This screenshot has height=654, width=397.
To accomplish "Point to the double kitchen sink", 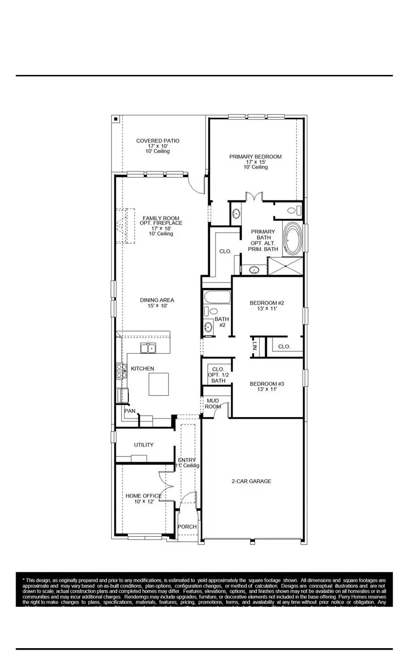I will (x=148, y=348).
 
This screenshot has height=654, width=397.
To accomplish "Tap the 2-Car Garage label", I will (x=251, y=481).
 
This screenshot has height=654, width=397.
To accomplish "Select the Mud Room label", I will (x=212, y=403).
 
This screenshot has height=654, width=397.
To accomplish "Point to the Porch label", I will (x=187, y=527).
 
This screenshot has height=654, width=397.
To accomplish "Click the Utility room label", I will (x=144, y=445).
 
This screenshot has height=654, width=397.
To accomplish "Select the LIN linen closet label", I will (x=255, y=347).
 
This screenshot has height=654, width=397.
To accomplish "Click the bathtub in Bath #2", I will (x=216, y=297).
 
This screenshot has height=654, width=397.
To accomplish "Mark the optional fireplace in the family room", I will (x=125, y=226).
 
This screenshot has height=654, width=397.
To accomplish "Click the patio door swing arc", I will (x=196, y=186).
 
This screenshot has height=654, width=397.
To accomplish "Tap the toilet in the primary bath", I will (x=293, y=211).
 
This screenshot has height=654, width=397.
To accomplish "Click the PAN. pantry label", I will (x=130, y=411).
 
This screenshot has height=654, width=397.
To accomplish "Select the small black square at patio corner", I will (x=115, y=119).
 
